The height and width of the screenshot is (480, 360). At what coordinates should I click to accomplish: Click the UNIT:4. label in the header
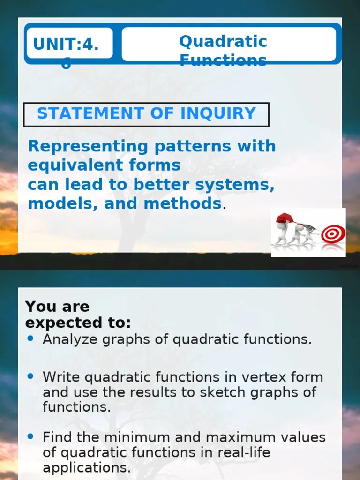[66, 45]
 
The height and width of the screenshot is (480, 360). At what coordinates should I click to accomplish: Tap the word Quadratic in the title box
[223, 42]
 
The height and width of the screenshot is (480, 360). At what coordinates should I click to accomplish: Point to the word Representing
[88, 146]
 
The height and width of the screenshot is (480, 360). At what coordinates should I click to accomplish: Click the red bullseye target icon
[333, 233]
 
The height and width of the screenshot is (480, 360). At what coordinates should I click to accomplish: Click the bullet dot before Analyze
[31, 338]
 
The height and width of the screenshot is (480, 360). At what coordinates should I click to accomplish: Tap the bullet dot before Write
[31, 376]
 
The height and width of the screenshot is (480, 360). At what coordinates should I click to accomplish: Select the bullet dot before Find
[31, 436]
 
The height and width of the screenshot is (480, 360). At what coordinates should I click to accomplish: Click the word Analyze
[70, 339]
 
